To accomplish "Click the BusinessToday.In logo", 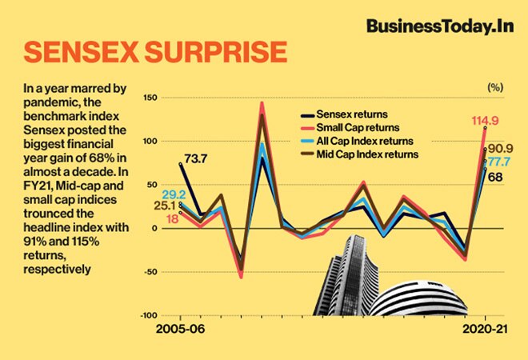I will [438, 26].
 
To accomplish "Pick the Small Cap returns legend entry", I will [353, 127].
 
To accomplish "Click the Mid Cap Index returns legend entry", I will [361, 153].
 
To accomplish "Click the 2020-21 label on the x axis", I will [486, 329].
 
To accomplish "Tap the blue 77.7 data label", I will [503, 162].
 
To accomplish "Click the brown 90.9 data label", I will [502, 149].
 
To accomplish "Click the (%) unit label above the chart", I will [495, 86].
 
